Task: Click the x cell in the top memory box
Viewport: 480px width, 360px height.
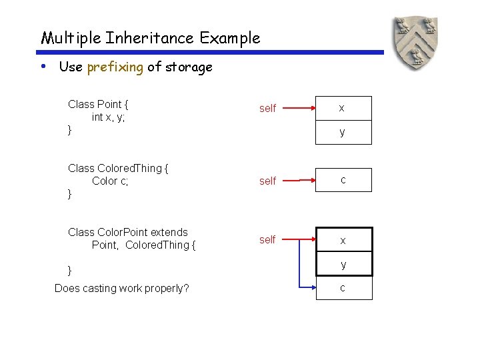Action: click(341, 108)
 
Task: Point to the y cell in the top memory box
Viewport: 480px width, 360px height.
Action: click(341, 132)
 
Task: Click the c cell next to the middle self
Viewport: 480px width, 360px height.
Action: click(343, 180)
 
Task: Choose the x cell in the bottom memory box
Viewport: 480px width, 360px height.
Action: click(343, 240)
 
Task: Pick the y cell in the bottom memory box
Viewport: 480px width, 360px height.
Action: click(343, 264)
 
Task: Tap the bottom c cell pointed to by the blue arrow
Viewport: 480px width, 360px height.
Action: click(343, 288)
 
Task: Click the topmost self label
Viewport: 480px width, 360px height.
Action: click(267, 108)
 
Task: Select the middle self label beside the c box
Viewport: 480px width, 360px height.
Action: click(267, 181)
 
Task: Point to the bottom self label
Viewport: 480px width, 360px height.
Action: click(267, 239)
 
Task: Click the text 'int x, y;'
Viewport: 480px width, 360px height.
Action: click(109, 117)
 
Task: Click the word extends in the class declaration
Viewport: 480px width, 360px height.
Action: click(169, 232)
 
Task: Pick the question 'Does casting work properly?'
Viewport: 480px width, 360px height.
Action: click(121, 288)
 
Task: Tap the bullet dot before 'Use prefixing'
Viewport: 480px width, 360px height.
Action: click(43, 66)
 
